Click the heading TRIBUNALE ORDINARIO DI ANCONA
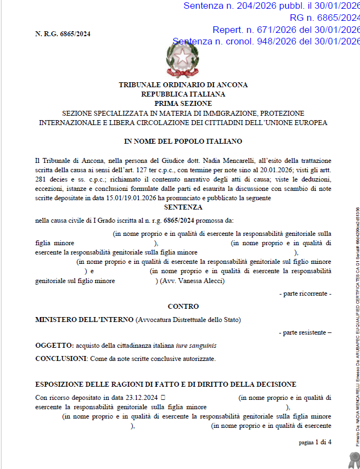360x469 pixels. tap(183, 85)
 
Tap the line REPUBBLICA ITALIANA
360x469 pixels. tap(183, 94)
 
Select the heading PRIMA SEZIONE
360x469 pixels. tap(183, 103)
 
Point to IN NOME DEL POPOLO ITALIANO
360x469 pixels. tap(183, 142)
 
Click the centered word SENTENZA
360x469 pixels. tap(183, 207)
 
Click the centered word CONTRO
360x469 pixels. tap(183, 306)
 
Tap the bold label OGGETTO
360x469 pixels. tap(54, 346)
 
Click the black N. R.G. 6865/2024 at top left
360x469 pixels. tap(63, 34)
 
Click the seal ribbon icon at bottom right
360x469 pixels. tap(352, 458)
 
